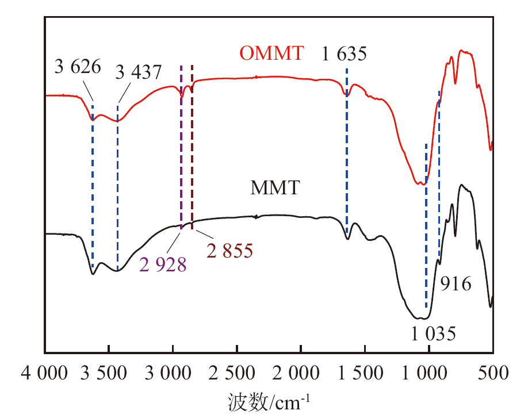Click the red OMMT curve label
[x=271, y=54]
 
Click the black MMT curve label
[x=275, y=188]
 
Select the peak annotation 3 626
[x=78, y=67]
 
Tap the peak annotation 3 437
[x=139, y=72]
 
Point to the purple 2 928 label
[x=163, y=264]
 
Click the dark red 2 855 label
[x=229, y=251]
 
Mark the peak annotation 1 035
[x=432, y=333]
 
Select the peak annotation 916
[x=456, y=284]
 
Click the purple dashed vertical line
[x=181, y=144]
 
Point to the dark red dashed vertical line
[x=192, y=144]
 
